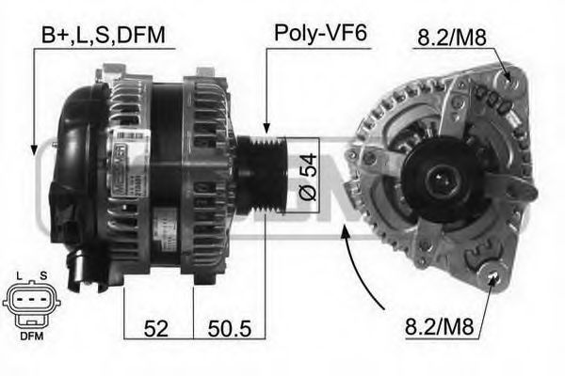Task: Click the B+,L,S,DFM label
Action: pos(103,36)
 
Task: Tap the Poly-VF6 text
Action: pos(319,35)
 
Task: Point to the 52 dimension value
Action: pos(157,329)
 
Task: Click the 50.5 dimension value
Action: pos(229,329)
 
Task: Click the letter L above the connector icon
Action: pos(18,275)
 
